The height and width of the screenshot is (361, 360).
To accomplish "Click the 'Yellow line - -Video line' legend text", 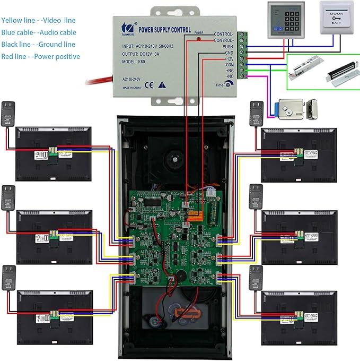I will [38, 21].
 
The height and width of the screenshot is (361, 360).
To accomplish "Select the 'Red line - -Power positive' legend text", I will [41, 57].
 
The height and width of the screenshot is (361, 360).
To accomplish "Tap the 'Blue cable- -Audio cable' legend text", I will [39, 33].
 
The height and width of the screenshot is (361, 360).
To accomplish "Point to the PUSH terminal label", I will [227, 47].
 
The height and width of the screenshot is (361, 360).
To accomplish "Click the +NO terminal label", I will [229, 76].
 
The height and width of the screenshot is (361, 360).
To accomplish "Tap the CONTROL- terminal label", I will [223, 34].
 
